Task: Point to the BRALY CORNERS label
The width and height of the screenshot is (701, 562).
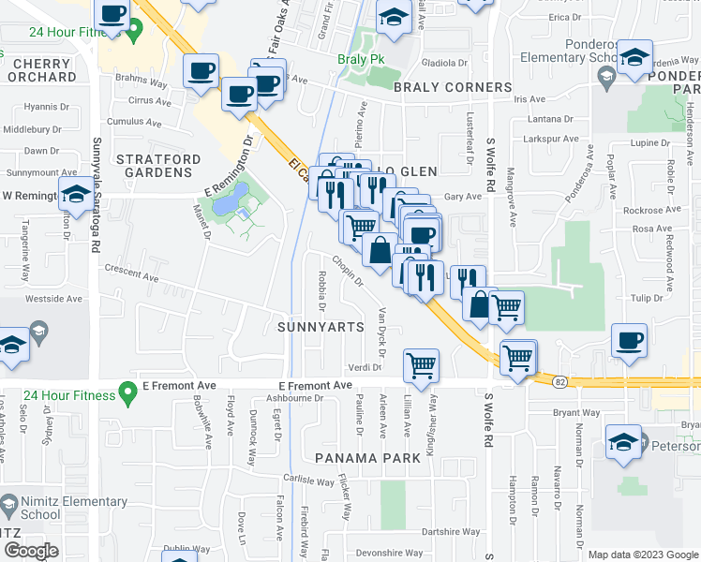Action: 453,87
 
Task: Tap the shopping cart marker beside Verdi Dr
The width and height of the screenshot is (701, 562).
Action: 422,364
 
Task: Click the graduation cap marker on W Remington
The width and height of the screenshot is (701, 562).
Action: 75,196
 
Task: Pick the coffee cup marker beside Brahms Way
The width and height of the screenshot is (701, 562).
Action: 201,71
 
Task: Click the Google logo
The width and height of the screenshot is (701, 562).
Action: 31,550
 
